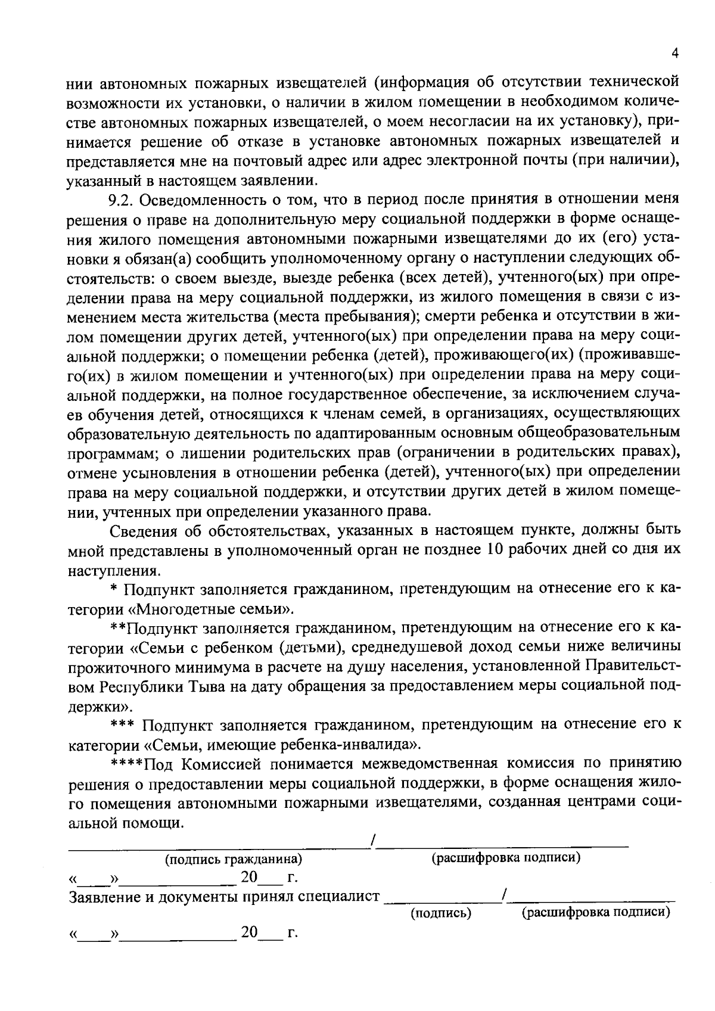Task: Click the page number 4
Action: point(674,53)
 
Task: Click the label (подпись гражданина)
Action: point(233,859)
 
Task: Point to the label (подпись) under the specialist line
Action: point(441,913)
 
